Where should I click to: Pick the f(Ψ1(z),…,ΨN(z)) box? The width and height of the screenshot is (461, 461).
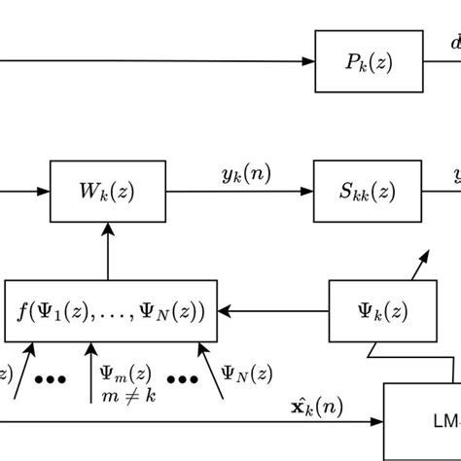(111, 311)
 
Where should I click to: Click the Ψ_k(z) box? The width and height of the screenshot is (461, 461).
(371, 311)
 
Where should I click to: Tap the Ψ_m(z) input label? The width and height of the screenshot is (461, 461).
(124, 373)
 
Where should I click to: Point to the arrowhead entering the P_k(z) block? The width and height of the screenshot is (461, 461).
(308, 62)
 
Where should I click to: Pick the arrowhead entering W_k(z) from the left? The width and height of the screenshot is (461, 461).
(44, 192)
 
